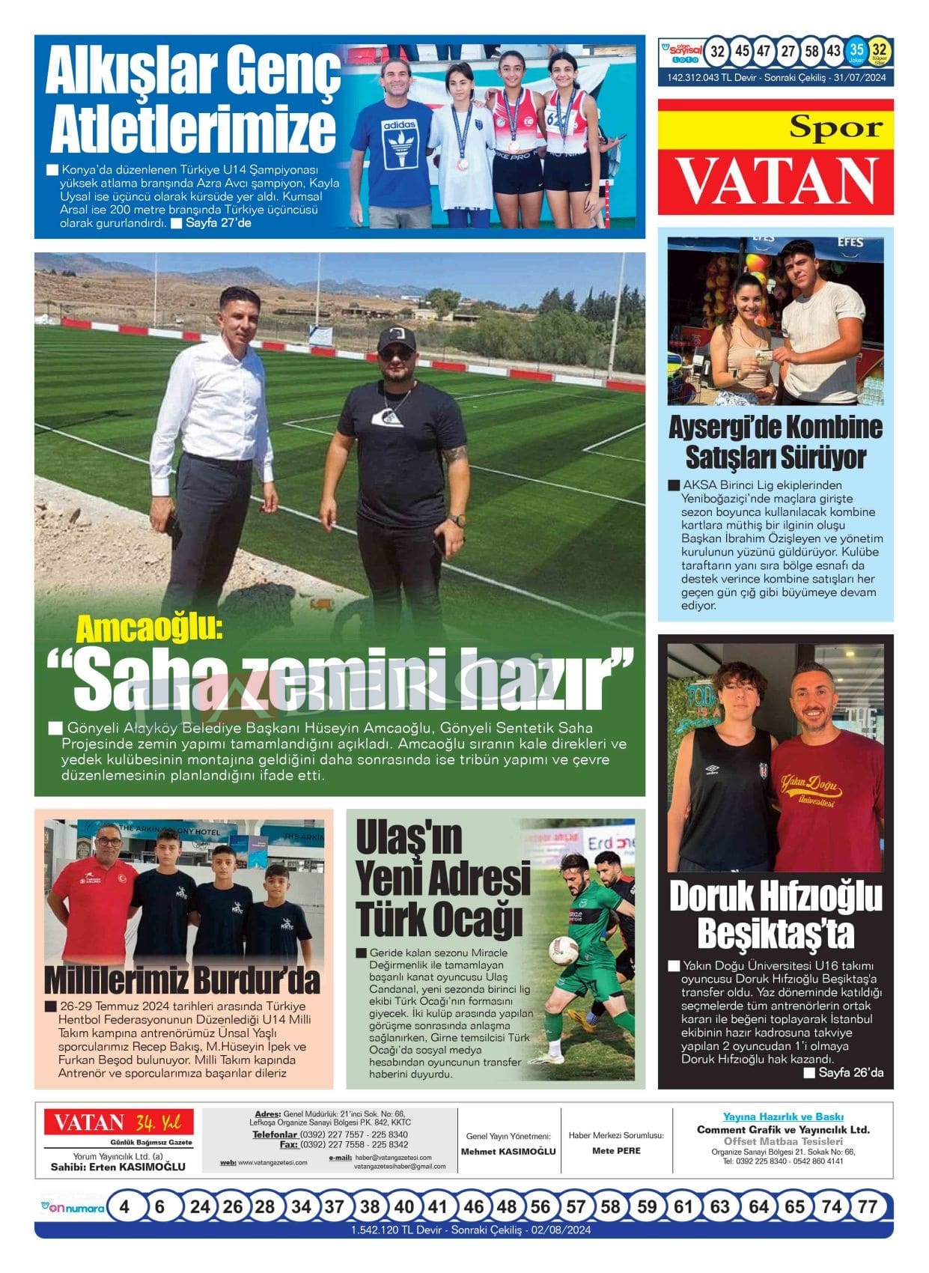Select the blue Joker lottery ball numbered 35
(x=856, y=51)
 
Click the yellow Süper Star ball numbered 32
(x=880, y=51)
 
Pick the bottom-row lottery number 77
(x=867, y=1206)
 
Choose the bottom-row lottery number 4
(x=124, y=1206)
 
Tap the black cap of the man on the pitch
(x=396, y=339)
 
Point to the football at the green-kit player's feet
(x=563, y=950)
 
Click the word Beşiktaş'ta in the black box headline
(x=775, y=933)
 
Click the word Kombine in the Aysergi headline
(x=825, y=428)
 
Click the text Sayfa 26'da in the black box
(x=850, y=1072)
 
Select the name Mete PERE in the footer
(x=616, y=1151)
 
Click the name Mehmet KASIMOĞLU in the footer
(x=508, y=1152)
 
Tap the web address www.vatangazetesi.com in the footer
(x=272, y=1162)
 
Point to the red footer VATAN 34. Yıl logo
(x=118, y=1123)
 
